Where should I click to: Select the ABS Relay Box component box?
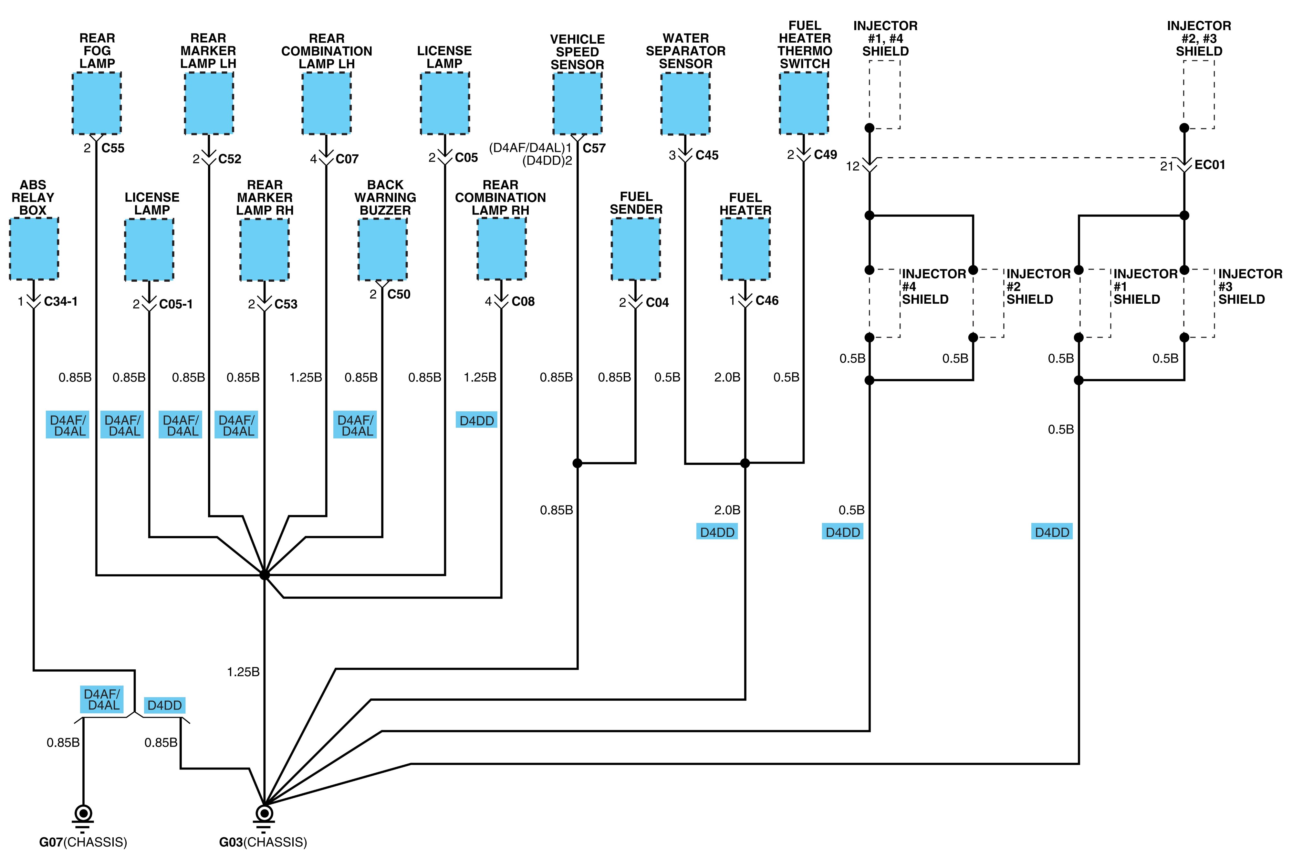click(34, 249)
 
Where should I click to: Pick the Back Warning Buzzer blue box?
click(383, 250)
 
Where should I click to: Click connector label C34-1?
click(61, 301)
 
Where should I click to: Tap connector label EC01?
click(1210, 165)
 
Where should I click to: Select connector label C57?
click(594, 148)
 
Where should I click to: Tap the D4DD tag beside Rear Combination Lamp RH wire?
click(476, 421)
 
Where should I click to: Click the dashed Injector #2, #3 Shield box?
click(1199, 94)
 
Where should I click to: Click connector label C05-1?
click(176, 304)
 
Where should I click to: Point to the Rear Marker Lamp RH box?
click(265, 250)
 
